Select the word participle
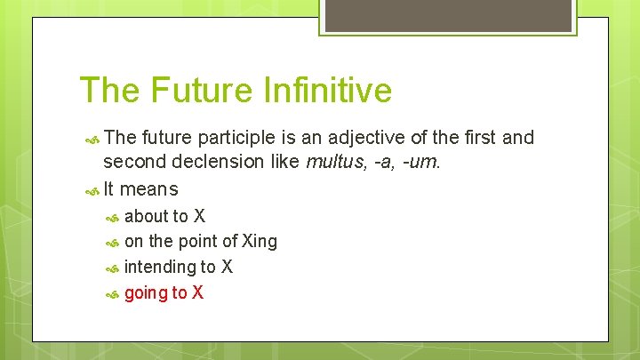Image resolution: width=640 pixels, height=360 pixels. click(238, 138)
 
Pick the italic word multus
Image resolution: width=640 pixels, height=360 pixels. click(333, 162)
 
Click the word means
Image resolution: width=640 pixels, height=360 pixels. click(148, 188)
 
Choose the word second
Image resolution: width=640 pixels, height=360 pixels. click(132, 162)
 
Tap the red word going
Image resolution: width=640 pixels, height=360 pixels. click(145, 293)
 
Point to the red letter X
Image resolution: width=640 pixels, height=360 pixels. click(197, 292)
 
